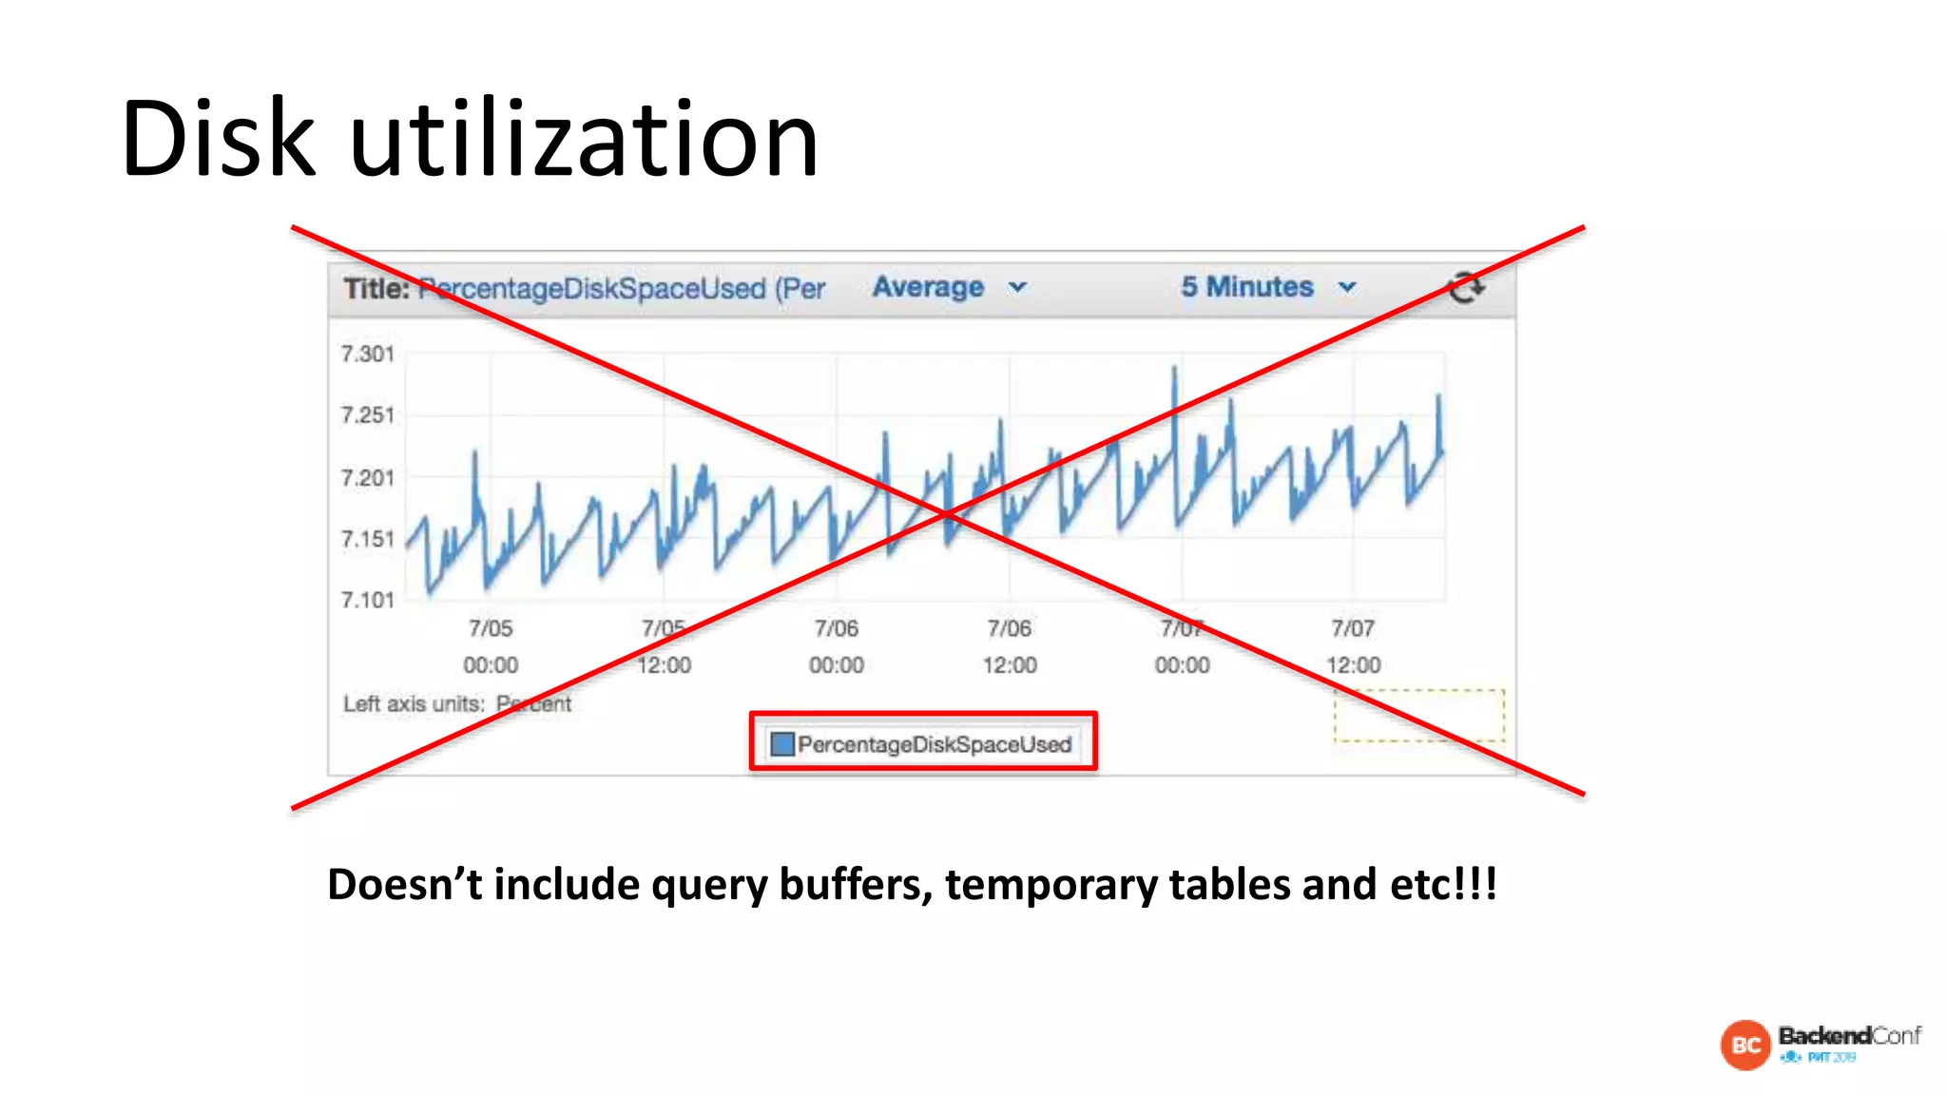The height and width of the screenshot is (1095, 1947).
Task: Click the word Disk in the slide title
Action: click(x=218, y=139)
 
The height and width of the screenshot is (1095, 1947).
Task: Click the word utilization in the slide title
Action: click(x=584, y=141)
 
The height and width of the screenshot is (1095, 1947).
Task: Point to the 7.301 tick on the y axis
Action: click(x=367, y=354)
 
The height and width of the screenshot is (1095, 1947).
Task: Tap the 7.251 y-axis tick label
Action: click(x=367, y=415)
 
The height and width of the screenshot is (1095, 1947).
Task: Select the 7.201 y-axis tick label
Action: click(x=367, y=477)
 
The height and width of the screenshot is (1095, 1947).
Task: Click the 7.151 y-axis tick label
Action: click(x=367, y=539)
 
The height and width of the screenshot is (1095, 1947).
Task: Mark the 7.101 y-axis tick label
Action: click(x=367, y=600)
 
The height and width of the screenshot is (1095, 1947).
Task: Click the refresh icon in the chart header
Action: click(x=1465, y=287)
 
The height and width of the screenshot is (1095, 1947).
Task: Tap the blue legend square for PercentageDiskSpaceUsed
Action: click(x=781, y=743)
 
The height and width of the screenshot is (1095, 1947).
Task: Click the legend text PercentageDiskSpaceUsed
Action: click(x=935, y=744)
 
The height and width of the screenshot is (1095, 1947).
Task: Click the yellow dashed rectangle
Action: click(x=1418, y=715)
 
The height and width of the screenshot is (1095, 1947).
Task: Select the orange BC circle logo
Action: click(x=1745, y=1045)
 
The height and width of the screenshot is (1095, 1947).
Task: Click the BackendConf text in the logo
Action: click(x=1848, y=1035)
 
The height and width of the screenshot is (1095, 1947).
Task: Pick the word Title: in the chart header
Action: click(x=376, y=288)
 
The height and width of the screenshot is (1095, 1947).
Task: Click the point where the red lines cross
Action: click(x=945, y=514)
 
